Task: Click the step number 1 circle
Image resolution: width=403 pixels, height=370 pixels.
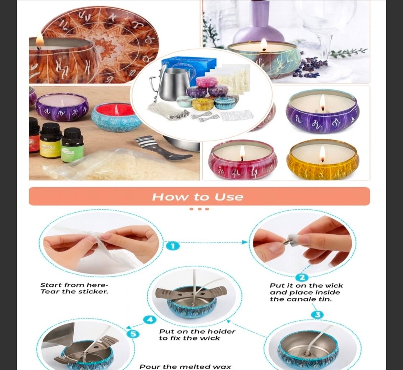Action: [173, 246]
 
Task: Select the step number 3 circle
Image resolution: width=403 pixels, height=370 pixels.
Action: [318, 315]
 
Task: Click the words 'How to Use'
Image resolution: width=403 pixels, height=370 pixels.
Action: [198, 197]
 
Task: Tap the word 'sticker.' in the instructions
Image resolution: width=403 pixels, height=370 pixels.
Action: [93, 292]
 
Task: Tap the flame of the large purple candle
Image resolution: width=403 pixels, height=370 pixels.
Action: [322, 102]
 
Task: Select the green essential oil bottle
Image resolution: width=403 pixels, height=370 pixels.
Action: [72, 145]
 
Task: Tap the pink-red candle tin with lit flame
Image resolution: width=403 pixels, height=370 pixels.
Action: [243, 160]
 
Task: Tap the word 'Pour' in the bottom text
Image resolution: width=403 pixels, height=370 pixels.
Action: [148, 367]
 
